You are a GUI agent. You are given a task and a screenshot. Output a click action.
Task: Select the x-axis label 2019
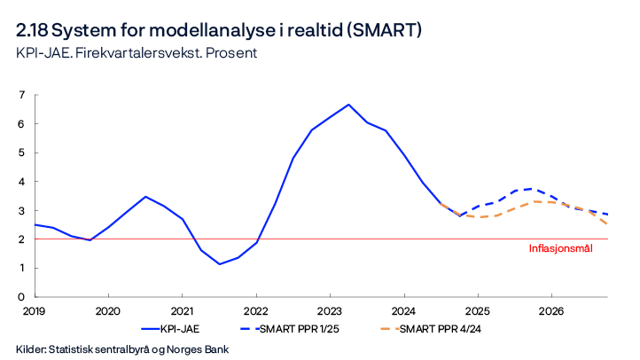pos(34,311)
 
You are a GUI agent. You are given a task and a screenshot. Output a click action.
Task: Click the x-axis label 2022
pos(256,311)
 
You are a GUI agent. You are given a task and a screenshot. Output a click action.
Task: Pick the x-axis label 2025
pos(478,311)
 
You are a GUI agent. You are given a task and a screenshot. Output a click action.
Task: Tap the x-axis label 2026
pos(551,311)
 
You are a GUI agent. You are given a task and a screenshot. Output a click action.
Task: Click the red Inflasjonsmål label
pos(560,248)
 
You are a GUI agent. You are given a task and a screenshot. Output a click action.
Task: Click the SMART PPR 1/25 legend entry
pos(296,329)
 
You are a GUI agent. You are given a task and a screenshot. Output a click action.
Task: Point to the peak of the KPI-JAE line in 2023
pos(348,105)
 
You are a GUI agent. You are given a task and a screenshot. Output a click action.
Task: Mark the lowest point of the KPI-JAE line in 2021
pos(219,264)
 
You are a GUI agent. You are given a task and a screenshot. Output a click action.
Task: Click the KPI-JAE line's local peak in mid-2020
pos(145,197)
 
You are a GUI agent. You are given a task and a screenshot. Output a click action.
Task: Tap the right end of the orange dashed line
pos(607,224)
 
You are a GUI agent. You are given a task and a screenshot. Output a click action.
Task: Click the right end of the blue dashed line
pos(607,215)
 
